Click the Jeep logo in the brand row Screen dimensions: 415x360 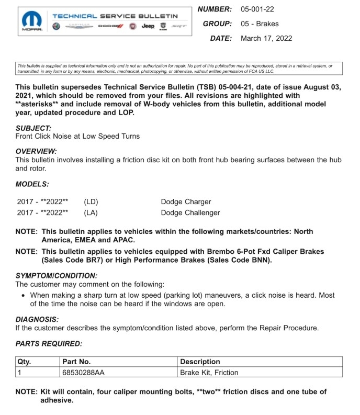point(149,26)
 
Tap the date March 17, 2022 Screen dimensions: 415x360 point(266,38)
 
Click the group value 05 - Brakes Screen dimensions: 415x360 point(260,24)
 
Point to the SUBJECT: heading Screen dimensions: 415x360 point(33,128)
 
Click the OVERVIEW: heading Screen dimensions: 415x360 point(36,151)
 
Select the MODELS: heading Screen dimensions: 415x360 point(32,184)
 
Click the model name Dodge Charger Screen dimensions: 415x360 point(186,201)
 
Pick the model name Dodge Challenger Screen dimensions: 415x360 point(190,212)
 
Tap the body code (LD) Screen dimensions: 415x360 point(91,201)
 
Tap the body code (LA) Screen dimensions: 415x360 point(91,212)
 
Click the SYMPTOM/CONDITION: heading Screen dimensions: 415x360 point(57,275)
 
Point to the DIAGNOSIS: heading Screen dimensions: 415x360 point(37,319)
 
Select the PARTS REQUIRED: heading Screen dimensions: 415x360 point(49,343)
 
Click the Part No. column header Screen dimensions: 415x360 point(76,362)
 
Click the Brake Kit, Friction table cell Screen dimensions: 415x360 point(209,373)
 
